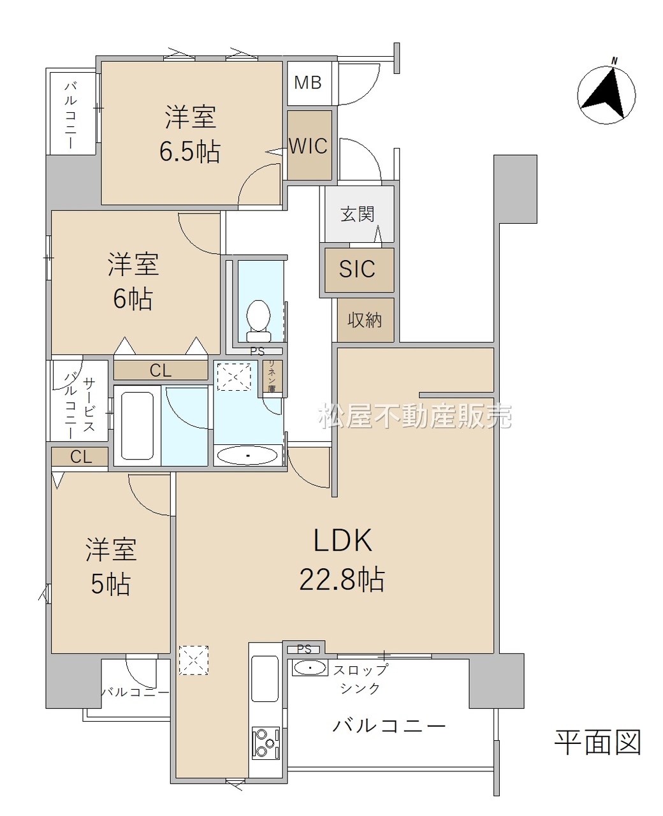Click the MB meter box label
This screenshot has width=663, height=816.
coord(307,83)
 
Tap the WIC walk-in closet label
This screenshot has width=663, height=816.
coord(309,146)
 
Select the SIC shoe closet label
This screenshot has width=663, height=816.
coord(356,269)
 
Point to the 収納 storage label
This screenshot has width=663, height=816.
coord(365,319)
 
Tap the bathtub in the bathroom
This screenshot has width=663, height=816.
coord(137,425)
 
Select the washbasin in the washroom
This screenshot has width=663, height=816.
coord(247,456)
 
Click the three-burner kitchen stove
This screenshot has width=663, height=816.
coord(265,743)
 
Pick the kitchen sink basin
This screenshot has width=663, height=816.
coord(265,678)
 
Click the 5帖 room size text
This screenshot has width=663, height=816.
coord(111,584)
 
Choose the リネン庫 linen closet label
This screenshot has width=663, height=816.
coord(272,376)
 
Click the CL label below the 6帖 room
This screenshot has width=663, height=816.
coord(161,370)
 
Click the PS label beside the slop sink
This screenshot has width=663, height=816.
coord(304,649)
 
